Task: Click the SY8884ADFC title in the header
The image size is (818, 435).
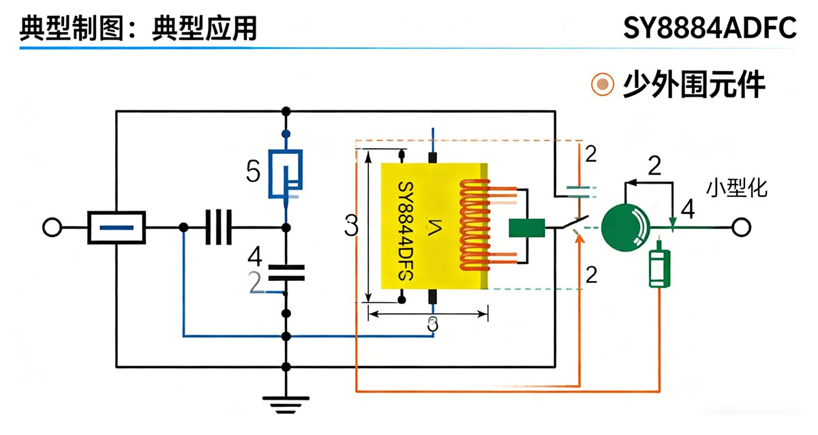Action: pos(709,29)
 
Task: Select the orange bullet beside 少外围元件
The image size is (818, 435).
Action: pos(602,85)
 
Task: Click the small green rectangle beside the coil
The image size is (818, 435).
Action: pos(527,228)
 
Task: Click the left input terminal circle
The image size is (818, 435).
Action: pos(52,227)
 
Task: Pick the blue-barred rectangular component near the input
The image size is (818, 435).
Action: pos(117,227)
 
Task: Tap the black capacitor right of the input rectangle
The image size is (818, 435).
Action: pos(219,227)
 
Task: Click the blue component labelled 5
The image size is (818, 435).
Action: pos(286,173)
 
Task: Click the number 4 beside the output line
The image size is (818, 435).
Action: pos(688,209)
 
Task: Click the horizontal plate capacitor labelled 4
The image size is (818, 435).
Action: pos(286,273)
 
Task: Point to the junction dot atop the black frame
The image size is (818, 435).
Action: pos(286,110)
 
